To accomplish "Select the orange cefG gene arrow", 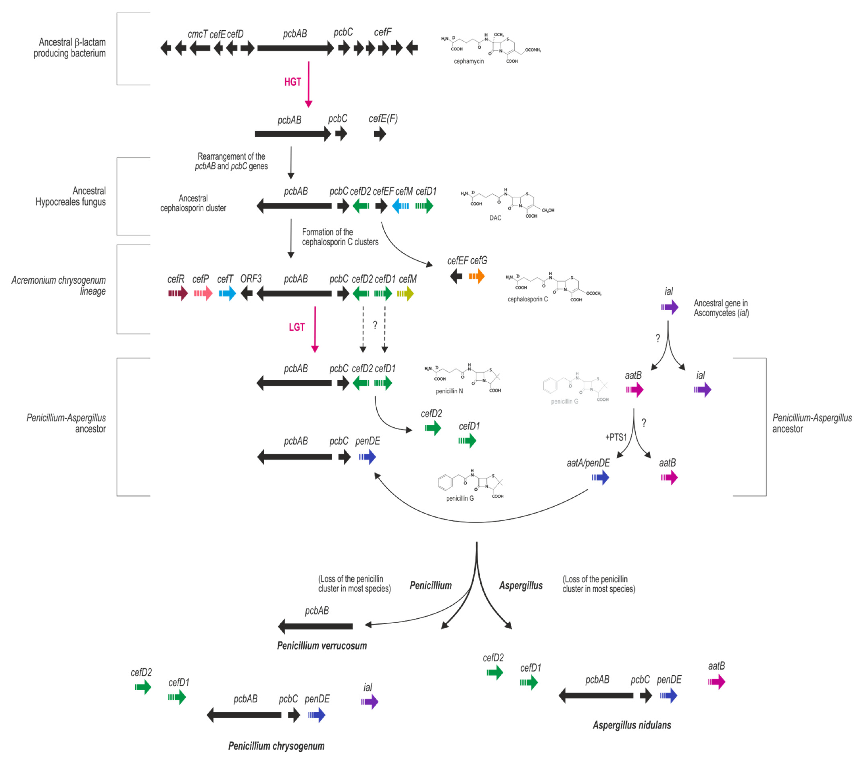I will pos(477,277).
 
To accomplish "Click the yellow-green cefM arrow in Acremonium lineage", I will pos(405,293).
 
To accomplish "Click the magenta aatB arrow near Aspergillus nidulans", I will pos(716,682).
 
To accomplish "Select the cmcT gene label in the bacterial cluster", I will pos(197,34).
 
